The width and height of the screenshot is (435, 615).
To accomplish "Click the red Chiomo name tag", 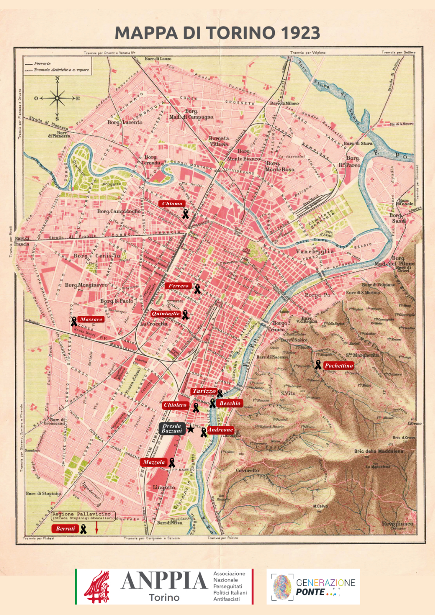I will tap(172, 204).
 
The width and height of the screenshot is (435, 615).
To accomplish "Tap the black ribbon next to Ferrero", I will tap(197, 289).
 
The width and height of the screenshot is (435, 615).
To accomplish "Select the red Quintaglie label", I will tap(166, 314).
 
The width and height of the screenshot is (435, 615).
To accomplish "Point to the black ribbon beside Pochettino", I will tap(318, 365).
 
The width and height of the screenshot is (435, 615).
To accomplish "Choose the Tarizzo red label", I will tap(204, 391).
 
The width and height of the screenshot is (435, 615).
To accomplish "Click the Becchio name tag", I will tap(230, 403).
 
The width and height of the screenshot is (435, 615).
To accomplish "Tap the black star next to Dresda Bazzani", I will tap(190, 429).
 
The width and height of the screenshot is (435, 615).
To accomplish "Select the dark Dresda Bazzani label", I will tap(172, 428).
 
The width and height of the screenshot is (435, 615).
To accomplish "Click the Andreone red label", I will tap(221, 430).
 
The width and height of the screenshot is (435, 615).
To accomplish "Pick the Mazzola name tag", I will tap(154, 462).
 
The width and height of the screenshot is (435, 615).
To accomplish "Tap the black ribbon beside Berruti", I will tap(83, 529).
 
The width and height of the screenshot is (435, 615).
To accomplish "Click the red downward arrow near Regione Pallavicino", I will tap(97, 528).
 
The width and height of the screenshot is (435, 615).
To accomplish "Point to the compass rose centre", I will tap(57, 98).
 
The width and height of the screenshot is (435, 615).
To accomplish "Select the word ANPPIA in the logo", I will tap(164, 581).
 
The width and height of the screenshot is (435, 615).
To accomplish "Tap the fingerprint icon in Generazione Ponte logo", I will tap(283, 587).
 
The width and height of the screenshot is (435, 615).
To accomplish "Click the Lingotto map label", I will tap(164, 488).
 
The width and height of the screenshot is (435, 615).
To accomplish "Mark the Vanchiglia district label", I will tap(315, 251).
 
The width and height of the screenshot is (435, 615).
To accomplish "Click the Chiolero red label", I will tap(175, 405).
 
